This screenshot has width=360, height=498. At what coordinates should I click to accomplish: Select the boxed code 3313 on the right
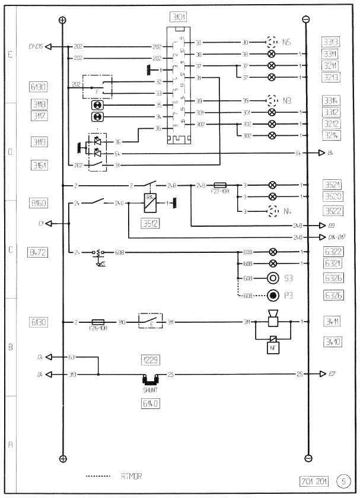click(x=331, y=42)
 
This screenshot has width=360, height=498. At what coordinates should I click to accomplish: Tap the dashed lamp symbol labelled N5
click(x=272, y=43)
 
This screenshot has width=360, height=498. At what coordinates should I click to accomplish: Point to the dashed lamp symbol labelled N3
click(x=272, y=100)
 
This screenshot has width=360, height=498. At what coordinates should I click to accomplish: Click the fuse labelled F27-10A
click(x=220, y=185)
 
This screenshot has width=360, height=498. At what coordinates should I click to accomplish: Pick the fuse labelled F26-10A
click(x=98, y=322)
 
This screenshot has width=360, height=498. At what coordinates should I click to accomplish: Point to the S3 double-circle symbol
click(x=273, y=278)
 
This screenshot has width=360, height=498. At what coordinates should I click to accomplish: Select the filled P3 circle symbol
click(x=273, y=295)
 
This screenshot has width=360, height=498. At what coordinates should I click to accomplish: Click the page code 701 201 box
click(x=314, y=480)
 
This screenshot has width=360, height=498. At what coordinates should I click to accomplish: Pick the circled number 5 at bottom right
click(x=343, y=480)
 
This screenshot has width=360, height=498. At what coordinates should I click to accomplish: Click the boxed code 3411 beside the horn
click(x=331, y=322)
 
